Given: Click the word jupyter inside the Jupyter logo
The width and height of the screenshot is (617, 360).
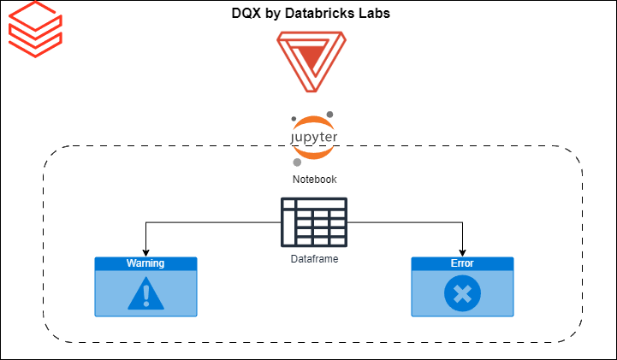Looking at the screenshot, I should point(314,137).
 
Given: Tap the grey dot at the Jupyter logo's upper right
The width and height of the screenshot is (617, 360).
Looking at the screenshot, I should point(329,115).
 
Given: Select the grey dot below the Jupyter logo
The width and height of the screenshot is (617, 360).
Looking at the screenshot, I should point(297,162).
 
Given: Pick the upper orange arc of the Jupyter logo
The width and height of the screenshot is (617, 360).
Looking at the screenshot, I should point(312,121).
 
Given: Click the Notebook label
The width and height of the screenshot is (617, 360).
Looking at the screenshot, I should point(314,180).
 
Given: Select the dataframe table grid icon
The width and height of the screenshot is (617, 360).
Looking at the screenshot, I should point(314,222).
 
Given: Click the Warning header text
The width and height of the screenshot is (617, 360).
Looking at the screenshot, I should point(145,263).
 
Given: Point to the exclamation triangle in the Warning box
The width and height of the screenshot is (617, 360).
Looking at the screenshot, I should point(145,293).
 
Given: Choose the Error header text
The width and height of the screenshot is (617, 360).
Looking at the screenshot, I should point(462,263).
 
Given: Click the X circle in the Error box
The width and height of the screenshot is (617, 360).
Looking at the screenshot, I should point(462,294).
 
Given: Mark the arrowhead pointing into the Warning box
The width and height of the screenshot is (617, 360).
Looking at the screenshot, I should point(145,252).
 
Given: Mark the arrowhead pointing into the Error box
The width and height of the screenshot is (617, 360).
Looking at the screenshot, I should point(462,252).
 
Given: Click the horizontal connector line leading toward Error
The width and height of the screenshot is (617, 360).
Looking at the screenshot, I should point(402,222).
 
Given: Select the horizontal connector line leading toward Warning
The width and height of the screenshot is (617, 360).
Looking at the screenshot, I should point(214,222).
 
